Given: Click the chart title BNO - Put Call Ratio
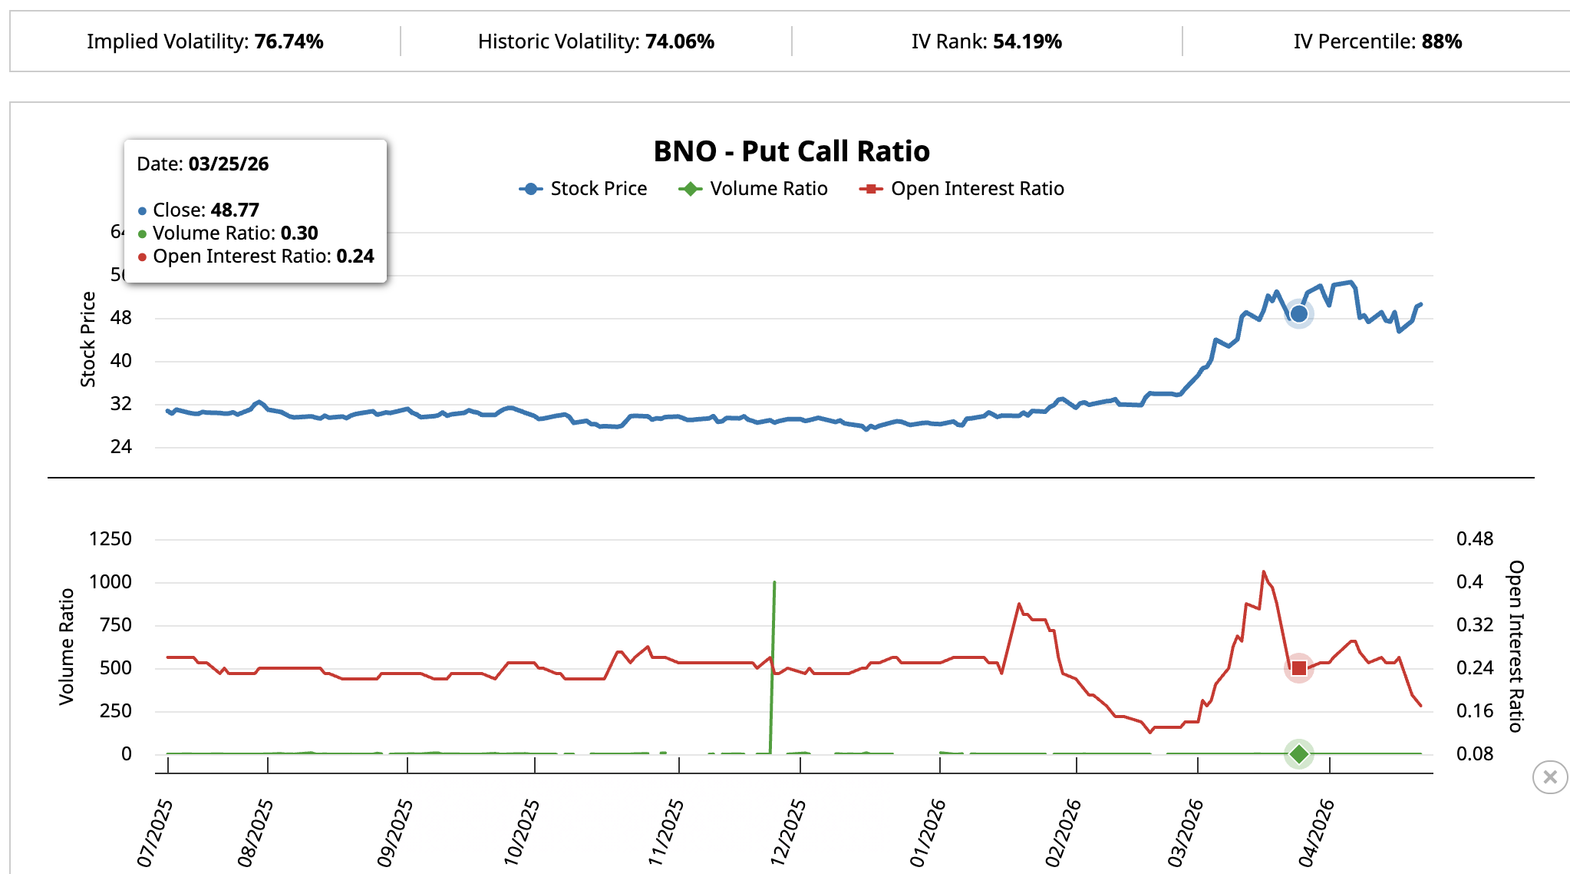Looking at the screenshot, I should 791,151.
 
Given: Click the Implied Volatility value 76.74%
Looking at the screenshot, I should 289,41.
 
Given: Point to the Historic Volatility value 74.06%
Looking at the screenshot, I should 679,41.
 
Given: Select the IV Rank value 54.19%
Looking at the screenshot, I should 1027,41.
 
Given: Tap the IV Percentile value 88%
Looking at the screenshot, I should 1441,41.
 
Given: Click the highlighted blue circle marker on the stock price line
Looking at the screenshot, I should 1298,313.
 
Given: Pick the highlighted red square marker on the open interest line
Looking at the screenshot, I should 1298,668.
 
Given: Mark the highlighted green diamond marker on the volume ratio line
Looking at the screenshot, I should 1298,754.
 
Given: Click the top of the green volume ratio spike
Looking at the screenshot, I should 774,583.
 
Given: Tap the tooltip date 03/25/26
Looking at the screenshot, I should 228,164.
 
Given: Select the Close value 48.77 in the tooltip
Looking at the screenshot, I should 234,210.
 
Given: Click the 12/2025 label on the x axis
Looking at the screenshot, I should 788,833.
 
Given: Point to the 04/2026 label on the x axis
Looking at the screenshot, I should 1316,833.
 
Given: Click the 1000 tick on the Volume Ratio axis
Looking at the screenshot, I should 110,582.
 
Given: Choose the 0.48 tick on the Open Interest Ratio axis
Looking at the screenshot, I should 1474,539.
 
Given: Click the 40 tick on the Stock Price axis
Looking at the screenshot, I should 121,361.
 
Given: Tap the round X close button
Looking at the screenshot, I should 1549,777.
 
